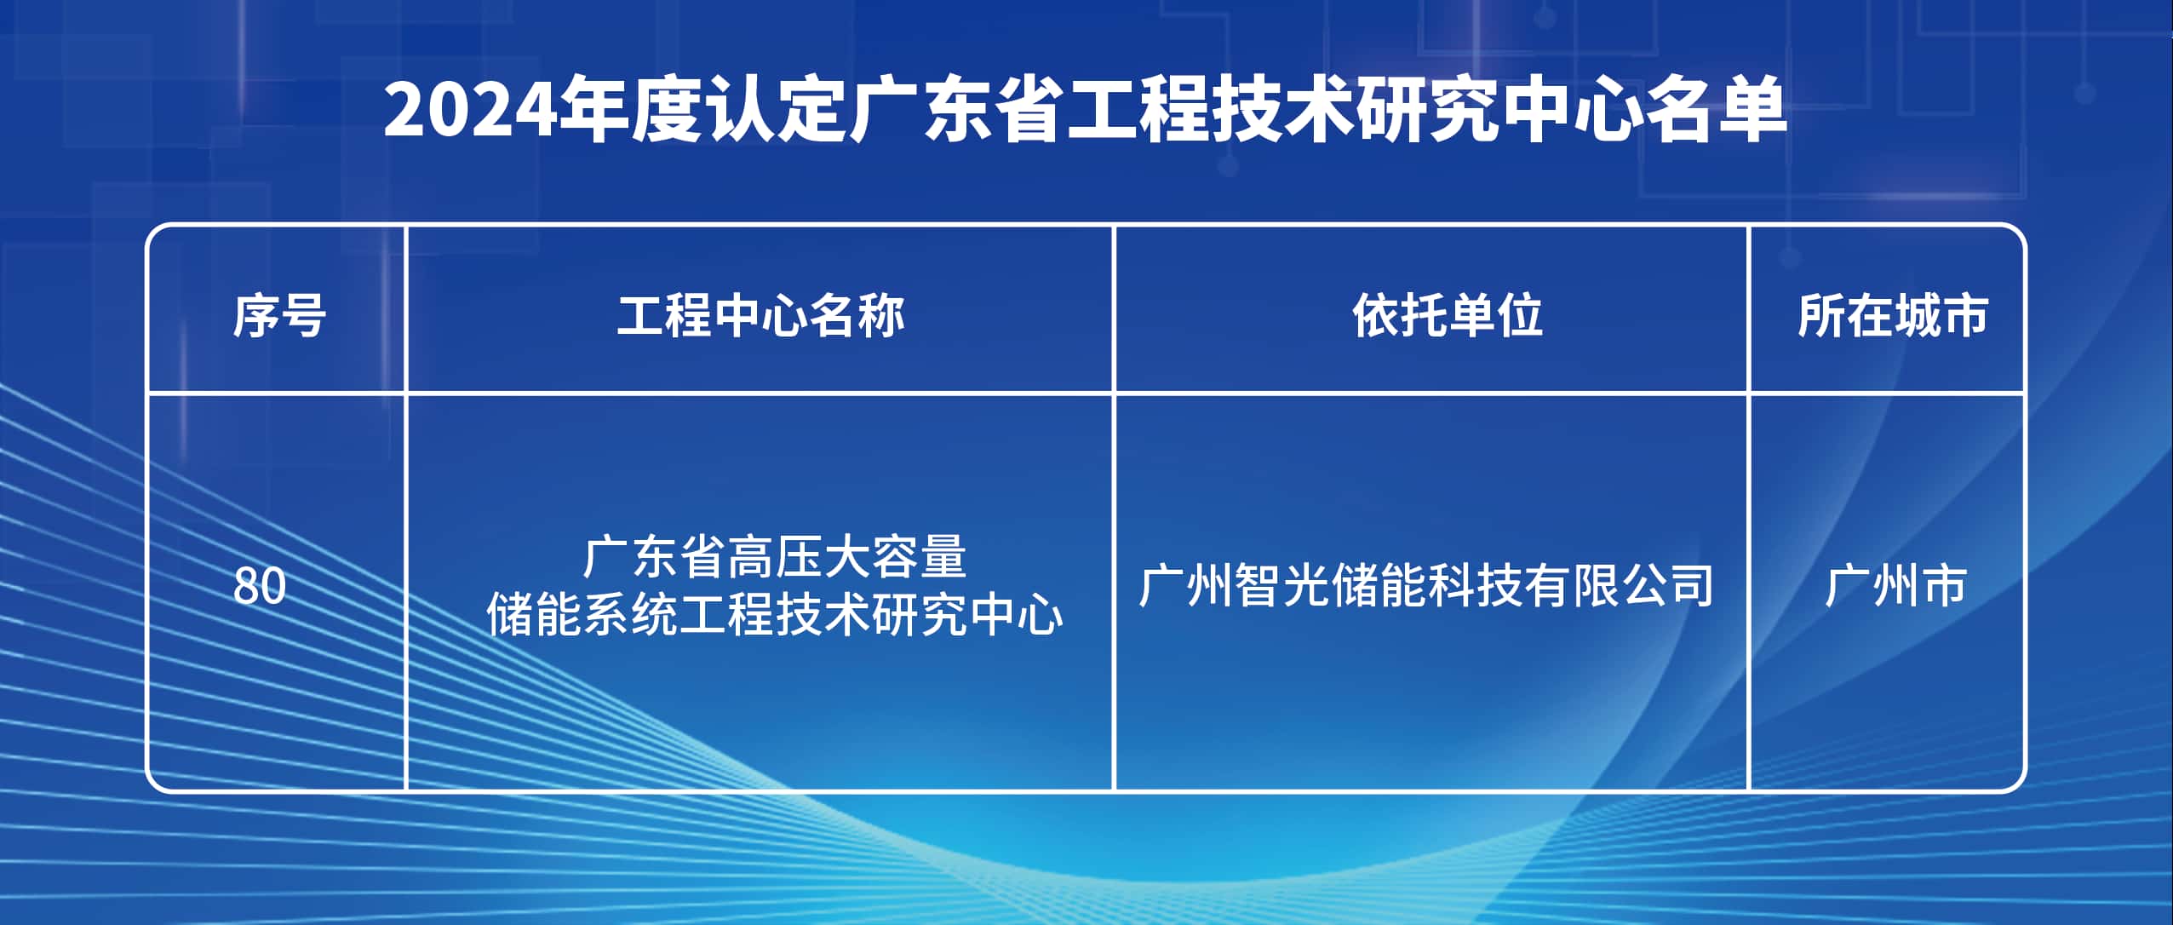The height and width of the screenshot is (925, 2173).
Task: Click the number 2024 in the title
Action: pyautogui.click(x=471, y=110)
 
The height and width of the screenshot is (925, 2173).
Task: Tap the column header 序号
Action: pyautogui.click(x=279, y=316)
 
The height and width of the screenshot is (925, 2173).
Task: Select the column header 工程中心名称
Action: pyautogui.click(x=760, y=316)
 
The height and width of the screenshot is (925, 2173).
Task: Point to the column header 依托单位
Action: pyautogui.click(x=1447, y=316)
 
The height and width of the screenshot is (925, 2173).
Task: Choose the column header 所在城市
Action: pyautogui.click(x=1892, y=316)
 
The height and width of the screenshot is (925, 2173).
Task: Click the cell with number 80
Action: pyautogui.click(x=260, y=586)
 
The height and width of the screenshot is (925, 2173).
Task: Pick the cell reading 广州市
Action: pyautogui.click(x=1895, y=586)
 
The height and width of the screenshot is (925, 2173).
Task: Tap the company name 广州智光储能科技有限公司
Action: pyautogui.click(x=1426, y=586)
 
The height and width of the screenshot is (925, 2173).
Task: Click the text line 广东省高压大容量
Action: pyautogui.click(x=775, y=557)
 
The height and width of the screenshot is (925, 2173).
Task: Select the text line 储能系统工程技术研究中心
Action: pyautogui.click(x=775, y=614)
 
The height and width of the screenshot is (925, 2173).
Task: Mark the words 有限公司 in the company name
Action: pyautogui.click(x=1618, y=586)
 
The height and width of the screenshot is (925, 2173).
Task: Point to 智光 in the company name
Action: pyautogui.click(x=1281, y=586)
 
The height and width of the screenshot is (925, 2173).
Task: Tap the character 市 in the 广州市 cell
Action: pyautogui.click(x=1942, y=586)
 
